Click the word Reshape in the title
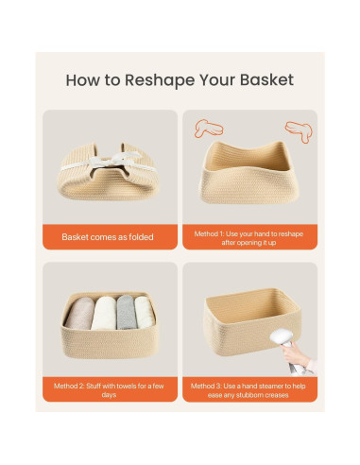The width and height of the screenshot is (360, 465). click(x=160, y=80)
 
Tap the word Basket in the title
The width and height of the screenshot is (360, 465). click(x=266, y=79)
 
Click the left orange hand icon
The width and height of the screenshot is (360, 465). click(x=209, y=129)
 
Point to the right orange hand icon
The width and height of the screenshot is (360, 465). click(x=299, y=131)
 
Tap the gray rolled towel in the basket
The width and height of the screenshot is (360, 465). click(x=127, y=312)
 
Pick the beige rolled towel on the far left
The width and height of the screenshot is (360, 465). click(x=79, y=313)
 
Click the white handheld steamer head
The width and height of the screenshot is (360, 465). click(x=281, y=336)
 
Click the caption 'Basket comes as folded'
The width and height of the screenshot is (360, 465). click(x=108, y=237)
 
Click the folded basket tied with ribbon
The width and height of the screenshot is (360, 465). click(x=109, y=172)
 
